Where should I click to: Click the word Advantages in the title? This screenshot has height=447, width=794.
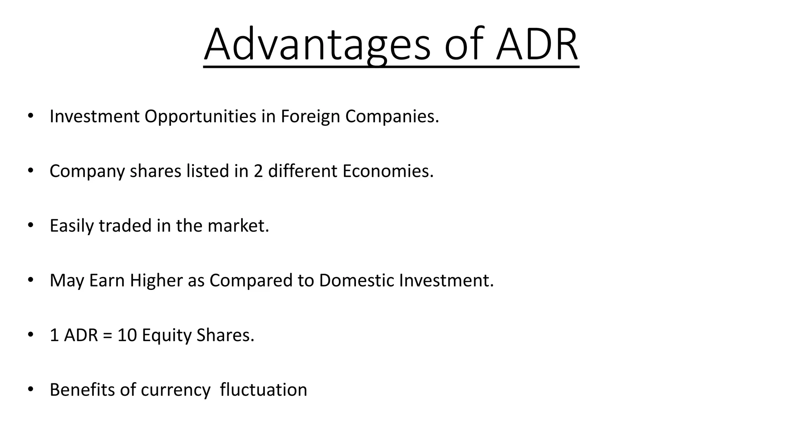(317, 45)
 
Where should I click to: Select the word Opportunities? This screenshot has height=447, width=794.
(200, 116)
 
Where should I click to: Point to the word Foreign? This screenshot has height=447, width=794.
(310, 116)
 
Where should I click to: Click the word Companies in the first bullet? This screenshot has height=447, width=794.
(392, 116)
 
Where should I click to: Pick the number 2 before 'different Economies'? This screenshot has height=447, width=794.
(258, 171)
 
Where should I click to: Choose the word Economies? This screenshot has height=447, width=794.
(388, 171)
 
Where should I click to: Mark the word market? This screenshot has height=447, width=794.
(238, 226)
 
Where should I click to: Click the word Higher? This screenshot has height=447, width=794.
(156, 281)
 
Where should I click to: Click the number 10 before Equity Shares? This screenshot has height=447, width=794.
(127, 335)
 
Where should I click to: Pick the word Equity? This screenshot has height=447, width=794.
(166, 335)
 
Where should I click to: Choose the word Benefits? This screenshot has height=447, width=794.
(82, 390)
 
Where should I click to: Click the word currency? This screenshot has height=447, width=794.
(176, 390)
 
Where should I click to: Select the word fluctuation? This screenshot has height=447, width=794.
(263, 390)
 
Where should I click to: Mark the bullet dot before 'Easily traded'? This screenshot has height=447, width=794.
(31, 225)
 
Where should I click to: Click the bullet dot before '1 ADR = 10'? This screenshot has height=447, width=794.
(31, 334)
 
